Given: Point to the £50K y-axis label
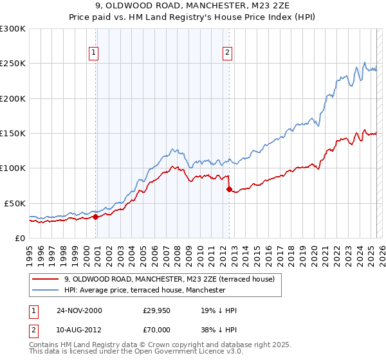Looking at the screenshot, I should click(15, 203).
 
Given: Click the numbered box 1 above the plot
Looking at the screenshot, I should click(94, 53).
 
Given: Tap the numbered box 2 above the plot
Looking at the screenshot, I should click(228, 53).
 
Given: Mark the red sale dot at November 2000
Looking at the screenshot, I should click(96, 217).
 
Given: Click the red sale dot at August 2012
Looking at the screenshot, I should click(229, 189).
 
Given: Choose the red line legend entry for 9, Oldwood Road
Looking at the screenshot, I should click(170, 279).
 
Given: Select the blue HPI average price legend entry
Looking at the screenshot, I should click(145, 290).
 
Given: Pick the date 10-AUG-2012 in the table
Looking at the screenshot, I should click(80, 331).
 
